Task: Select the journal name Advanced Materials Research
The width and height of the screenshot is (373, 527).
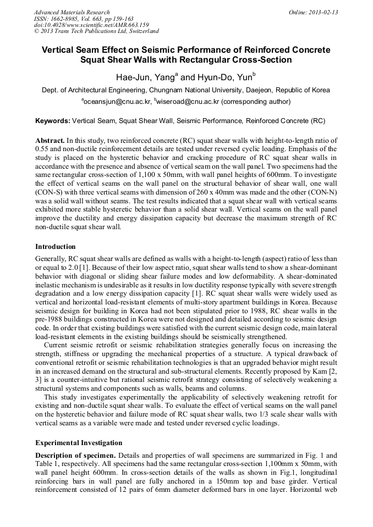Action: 72,12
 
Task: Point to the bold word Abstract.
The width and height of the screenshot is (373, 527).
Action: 50,141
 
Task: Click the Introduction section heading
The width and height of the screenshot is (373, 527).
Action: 56,246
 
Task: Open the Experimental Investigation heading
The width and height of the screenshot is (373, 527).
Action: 79,442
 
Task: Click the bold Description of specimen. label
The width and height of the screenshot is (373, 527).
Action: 75,456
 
